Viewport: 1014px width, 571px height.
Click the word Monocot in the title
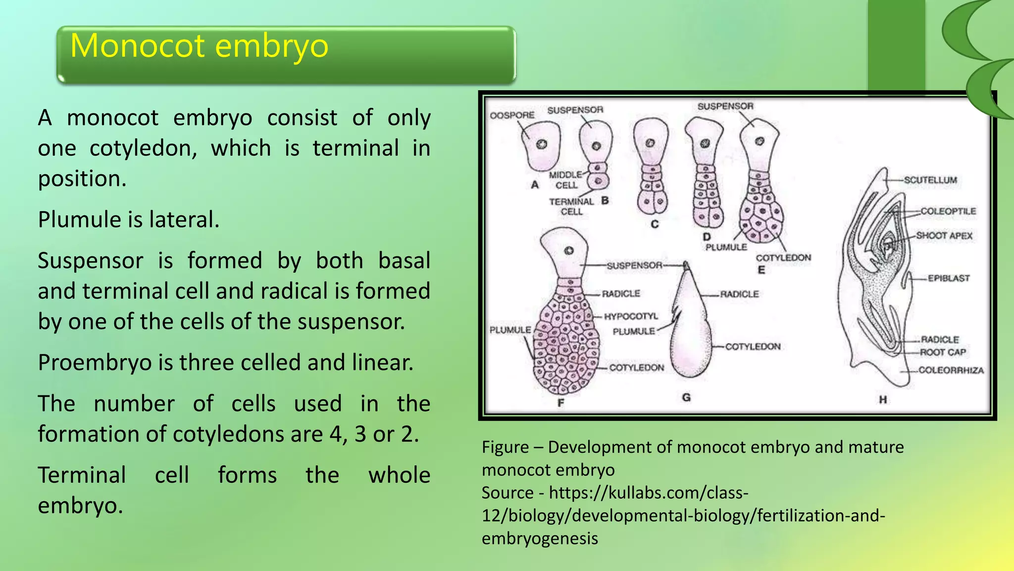[138, 46]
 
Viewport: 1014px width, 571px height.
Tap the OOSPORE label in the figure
[512, 115]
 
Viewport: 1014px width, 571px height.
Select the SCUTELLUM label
[930, 180]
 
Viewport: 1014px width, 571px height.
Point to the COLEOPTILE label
[948, 212]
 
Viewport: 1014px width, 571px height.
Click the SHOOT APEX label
[944, 236]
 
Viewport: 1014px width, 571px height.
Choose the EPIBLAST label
[948, 279]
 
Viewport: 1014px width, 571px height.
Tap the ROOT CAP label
[943, 352]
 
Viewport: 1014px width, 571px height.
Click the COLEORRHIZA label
[951, 370]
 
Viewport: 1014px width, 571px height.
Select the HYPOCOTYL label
[630, 316]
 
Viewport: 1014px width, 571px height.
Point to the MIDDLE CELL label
[565, 180]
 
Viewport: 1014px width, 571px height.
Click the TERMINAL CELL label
[571, 206]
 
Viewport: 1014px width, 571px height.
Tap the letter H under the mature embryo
[883, 400]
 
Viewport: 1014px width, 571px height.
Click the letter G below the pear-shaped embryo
[686, 398]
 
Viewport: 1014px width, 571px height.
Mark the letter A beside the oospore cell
[535, 185]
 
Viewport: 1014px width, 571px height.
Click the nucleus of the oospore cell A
[542, 144]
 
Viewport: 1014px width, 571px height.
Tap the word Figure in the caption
[505, 447]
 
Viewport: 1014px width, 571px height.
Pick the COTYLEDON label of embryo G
[753, 346]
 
